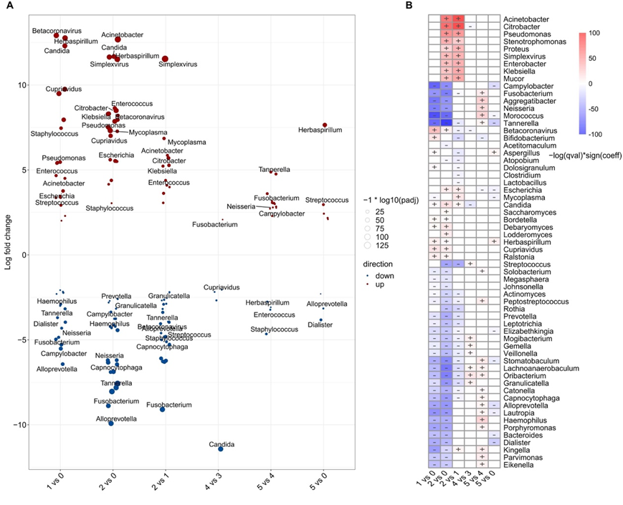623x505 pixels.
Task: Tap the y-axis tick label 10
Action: (x=21, y=85)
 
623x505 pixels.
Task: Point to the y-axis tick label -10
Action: (x=19, y=425)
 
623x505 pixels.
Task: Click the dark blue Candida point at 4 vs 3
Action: (x=221, y=448)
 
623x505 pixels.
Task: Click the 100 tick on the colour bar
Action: (x=595, y=33)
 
